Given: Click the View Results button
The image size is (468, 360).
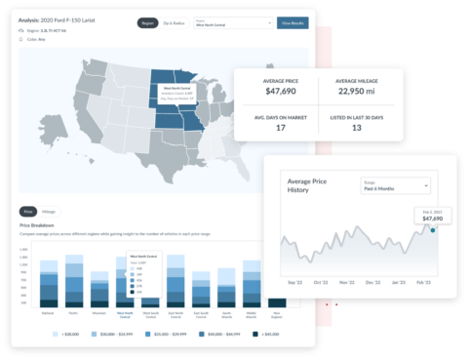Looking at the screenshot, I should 292,22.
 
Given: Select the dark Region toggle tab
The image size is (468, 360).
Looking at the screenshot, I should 147,22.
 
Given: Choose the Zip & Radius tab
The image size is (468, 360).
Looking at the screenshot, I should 174,22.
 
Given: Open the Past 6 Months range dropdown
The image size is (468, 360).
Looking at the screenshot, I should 395,184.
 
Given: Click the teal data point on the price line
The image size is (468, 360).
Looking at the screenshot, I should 433,231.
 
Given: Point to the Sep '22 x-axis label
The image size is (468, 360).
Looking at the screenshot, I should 294,283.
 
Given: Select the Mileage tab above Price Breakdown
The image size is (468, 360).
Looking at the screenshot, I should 48,211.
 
